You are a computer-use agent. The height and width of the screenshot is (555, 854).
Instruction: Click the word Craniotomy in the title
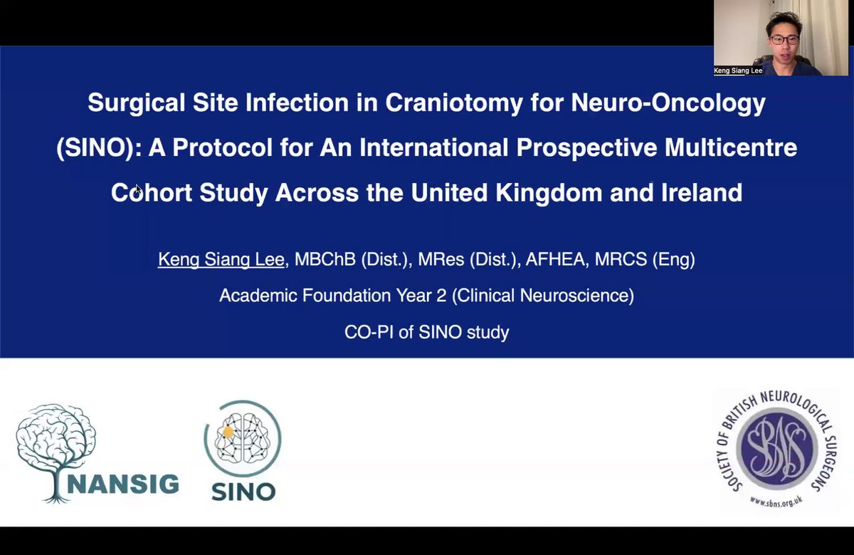click(x=453, y=103)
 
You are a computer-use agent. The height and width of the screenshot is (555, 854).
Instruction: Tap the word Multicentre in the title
click(x=731, y=147)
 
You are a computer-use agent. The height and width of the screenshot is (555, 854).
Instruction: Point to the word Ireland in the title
click(x=702, y=192)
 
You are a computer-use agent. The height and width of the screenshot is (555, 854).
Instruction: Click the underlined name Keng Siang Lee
click(x=221, y=259)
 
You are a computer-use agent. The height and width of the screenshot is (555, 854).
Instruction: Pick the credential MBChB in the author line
click(x=325, y=259)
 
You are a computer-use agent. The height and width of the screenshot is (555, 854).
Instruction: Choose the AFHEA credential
click(x=554, y=259)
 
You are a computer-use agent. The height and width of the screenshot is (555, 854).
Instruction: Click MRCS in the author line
click(x=621, y=259)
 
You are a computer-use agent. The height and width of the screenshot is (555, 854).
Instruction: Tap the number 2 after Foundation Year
click(x=441, y=296)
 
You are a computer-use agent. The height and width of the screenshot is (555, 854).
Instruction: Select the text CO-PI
click(x=369, y=332)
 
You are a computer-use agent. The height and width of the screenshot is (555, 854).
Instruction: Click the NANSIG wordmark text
click(x=123, y=484)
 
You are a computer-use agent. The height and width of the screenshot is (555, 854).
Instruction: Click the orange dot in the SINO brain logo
click(x=228, y=432)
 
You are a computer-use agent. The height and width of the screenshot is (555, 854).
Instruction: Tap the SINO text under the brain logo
click(x=243, y=492)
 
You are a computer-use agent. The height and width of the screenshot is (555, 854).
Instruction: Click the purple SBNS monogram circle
click(x=776, y=449)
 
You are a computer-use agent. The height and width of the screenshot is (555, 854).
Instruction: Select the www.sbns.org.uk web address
click(x=776, y=501)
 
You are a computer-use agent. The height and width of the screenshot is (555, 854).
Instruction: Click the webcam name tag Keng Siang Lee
click(x=738, y=71)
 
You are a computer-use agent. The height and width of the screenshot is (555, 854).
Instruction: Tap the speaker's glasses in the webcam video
click(x=784, y=39)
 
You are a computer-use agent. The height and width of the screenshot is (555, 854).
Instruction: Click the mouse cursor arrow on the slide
click(x=138, y=190)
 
